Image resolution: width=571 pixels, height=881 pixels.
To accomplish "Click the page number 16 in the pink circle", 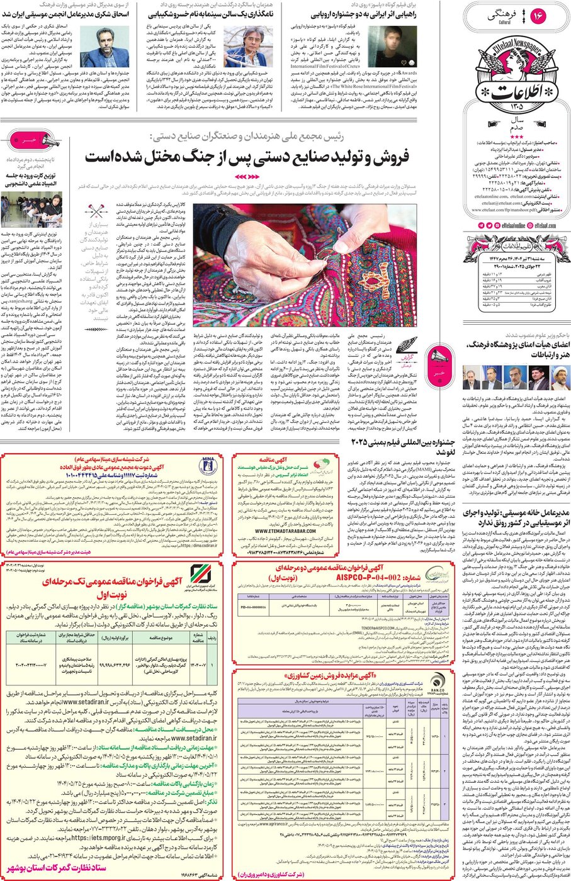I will coord(538,16).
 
